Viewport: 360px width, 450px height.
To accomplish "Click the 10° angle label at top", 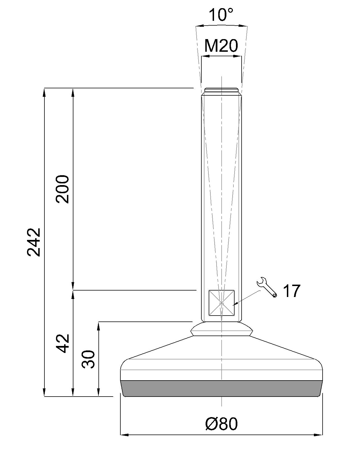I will [x=221, y=15].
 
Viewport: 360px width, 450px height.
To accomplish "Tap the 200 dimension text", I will [x=62, y=189].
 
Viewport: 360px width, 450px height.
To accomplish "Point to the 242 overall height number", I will [x=34, y=242].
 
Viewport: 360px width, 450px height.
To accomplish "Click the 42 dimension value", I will [x=62, y=343].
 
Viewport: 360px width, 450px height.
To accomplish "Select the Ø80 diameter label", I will [x=221, y=424].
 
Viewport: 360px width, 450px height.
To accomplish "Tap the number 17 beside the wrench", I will [x=291, y=291].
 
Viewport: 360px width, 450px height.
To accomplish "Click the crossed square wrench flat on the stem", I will [x=222, y=303].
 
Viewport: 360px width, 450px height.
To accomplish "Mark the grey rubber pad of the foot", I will [x=221, y=388].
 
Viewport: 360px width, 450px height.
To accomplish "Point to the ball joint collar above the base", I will [x=221, y=329].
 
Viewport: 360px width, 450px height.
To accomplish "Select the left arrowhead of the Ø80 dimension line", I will [x=124, y=435].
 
